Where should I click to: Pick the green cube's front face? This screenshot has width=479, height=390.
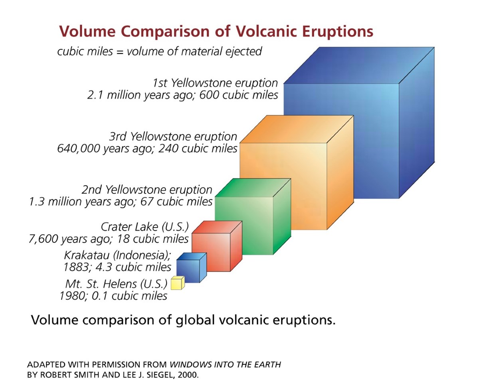tap(244, 225)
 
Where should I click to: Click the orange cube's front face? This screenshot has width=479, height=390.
tap(283, 185)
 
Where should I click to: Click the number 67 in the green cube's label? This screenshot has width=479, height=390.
tap(147, 202)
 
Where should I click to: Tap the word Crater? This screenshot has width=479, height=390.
tap(116, 227)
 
